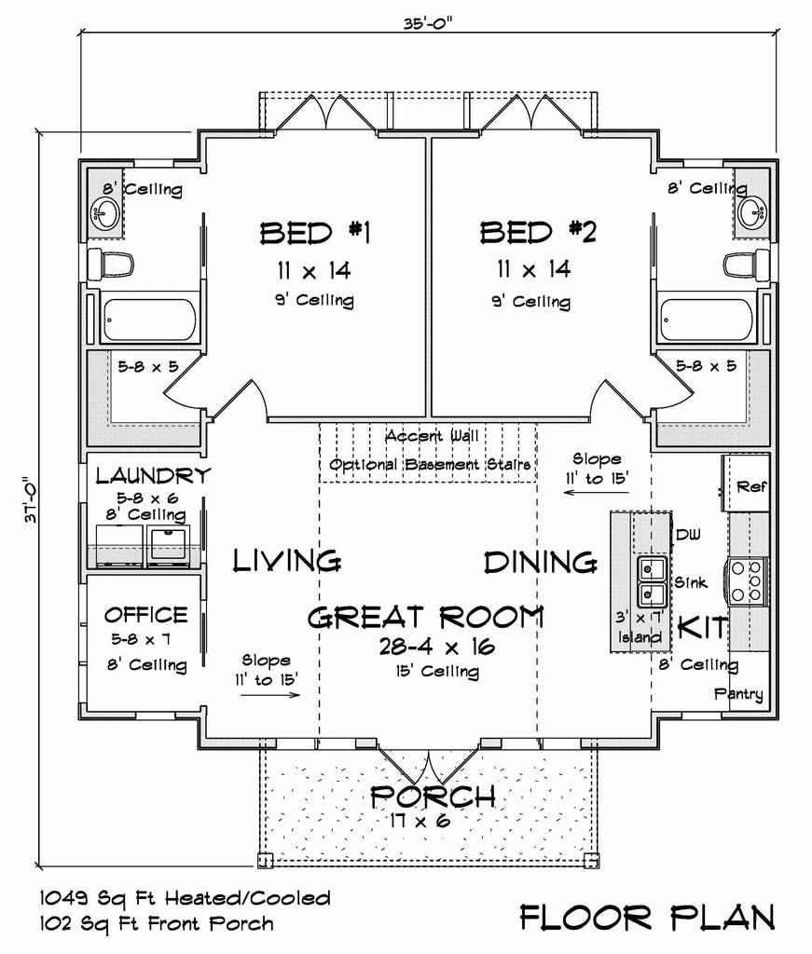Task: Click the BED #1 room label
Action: coord(315,233)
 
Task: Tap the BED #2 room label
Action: coord(538,232)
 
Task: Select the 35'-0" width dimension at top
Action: coord(428,23)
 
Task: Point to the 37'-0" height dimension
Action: coord(32,499)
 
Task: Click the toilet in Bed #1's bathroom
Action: coord(110,265)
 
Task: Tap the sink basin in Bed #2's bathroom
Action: coord(752,212)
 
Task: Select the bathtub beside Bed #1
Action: coord(150,320)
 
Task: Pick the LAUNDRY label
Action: coord(154,475)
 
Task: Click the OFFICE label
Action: coord(146,615)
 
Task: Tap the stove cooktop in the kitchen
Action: coord(748,581)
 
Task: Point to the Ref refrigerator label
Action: coord(751,486)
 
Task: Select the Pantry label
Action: coord(738,694)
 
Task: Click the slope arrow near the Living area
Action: coord(270,694)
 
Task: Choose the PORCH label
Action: coord(433,797)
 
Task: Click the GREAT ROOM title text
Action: coord(425,618)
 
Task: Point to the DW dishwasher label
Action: coord(688,535)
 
